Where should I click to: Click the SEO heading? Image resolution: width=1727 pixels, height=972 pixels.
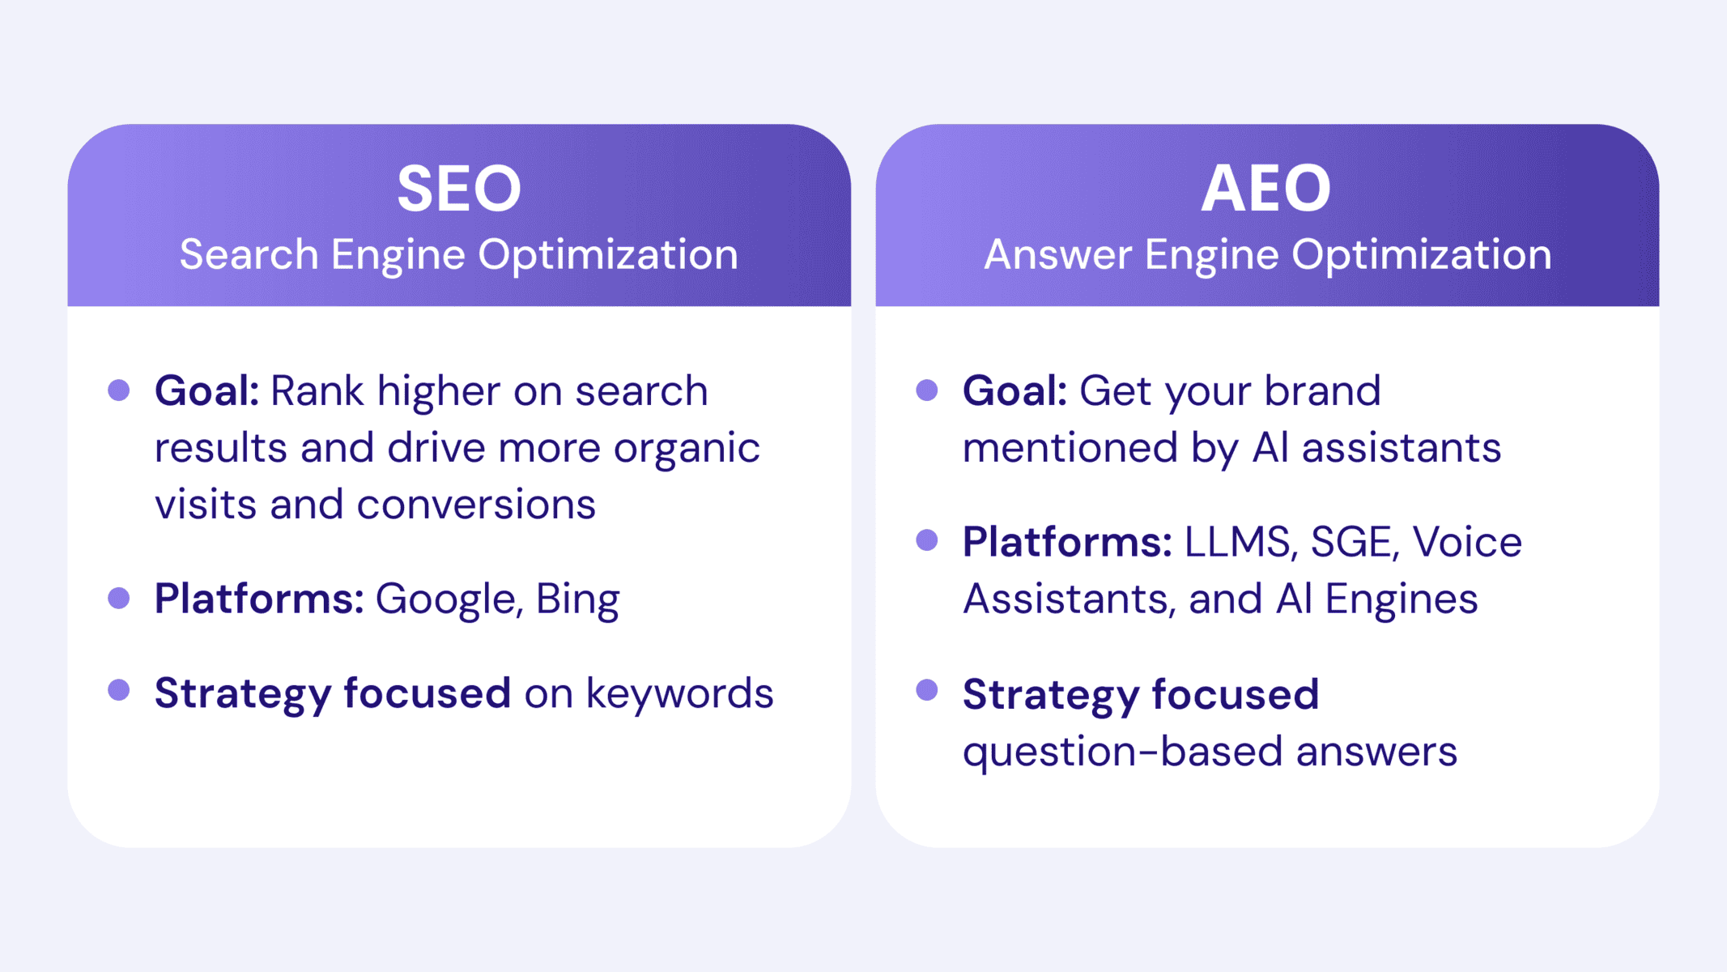459,189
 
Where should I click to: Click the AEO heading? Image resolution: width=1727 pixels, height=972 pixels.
1266,189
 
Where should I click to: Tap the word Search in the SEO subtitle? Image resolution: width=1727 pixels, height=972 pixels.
249,254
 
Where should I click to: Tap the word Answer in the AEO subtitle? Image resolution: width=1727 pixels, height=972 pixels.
1057,254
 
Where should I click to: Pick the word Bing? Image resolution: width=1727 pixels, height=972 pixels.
577,600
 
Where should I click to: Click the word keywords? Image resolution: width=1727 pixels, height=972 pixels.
679,694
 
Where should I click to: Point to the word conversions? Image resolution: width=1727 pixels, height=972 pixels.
476,505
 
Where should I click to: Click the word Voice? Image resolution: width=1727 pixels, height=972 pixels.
1467,542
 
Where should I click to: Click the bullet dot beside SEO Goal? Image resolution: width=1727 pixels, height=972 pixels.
119,390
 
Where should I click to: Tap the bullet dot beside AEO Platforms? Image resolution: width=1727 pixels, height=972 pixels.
927,540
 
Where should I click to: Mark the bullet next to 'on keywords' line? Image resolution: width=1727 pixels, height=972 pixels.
119,690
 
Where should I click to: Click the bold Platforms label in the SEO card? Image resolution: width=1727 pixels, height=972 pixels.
259,600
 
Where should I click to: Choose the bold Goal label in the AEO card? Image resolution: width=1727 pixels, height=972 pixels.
1015,391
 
